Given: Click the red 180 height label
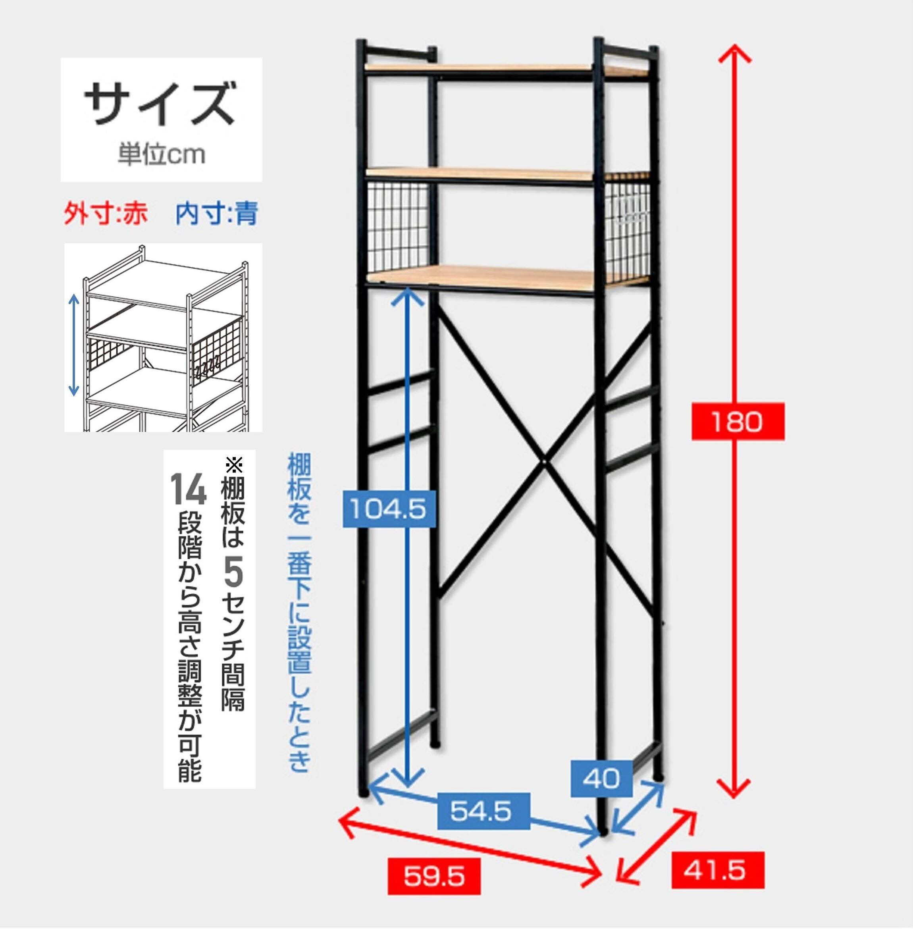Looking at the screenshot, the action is [738, 422].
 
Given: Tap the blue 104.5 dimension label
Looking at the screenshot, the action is [388, 509].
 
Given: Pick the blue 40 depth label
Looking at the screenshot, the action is [601, 779].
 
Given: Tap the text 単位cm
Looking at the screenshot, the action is [162, 154].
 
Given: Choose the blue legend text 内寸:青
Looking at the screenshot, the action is [217, 214].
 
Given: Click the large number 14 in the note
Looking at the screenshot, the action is [189, 489].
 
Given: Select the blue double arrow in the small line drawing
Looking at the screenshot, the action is [73, 345].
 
